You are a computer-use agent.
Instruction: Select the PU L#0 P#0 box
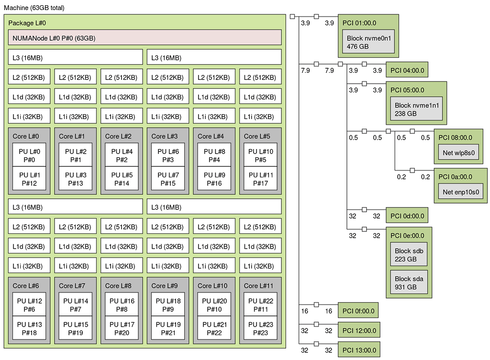coord(29,155)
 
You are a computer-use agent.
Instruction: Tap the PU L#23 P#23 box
coord(260,328)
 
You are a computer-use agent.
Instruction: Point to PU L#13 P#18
coord(29,328)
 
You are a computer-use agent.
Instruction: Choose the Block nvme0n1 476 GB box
coord(368,42)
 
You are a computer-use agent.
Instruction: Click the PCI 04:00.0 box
coord(407,70)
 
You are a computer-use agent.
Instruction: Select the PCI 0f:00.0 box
coord(358,311)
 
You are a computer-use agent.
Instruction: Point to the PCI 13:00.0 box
coord(359,349)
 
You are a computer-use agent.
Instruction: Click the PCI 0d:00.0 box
coord(407,216)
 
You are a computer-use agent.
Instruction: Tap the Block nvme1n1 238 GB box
coord(416,109)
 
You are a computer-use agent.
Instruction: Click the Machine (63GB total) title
coord(34,8)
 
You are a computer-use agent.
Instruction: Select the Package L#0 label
coord(27,22)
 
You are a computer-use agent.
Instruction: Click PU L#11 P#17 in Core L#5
coord(260,178)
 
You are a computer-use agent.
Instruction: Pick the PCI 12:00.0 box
coord(359,330)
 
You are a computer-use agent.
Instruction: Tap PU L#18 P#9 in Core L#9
coord(167,305)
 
